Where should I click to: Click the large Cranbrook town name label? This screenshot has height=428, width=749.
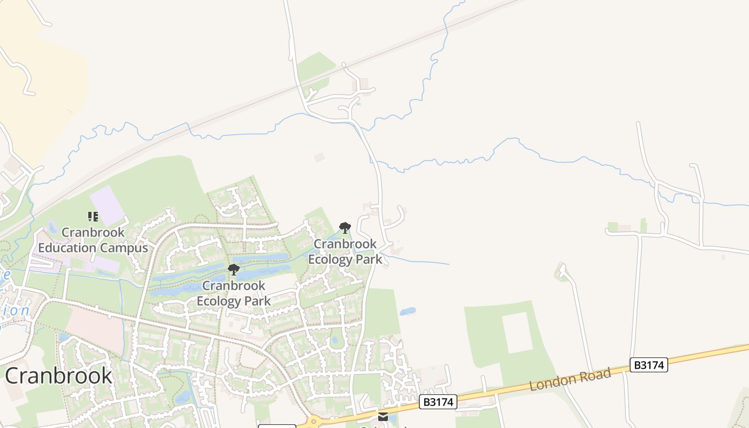59,376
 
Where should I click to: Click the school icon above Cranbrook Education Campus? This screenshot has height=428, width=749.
93,217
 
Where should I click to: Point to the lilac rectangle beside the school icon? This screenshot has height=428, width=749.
108,206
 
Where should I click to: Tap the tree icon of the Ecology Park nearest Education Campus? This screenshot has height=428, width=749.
234,269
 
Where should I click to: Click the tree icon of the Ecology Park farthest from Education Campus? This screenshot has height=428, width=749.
345,228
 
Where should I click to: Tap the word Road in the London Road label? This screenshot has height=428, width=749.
596,374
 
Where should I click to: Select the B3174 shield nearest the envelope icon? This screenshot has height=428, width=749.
438,402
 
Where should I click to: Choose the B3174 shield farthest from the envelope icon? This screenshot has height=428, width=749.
649,365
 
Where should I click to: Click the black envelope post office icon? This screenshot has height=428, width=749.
383,416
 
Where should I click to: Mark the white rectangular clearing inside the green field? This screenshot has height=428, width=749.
517,332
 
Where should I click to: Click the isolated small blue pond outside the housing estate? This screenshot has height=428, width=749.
408,311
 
